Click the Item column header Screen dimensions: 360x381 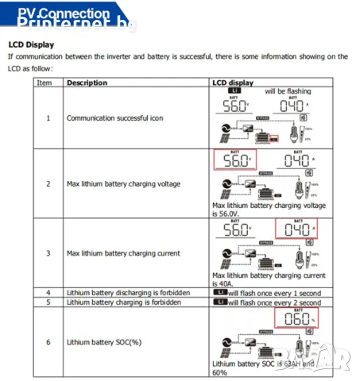tap(45, 83)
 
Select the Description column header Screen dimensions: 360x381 tap(87, 83)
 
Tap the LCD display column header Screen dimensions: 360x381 tap(233, 83)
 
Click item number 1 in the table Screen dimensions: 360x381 tap(48, 117)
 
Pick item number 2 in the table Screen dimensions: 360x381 tap(48, 183)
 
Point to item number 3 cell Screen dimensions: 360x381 tap(48, 253)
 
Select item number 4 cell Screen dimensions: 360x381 tap(48, 293)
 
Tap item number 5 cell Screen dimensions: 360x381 tap(48, 302)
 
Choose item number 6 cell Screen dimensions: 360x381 tap(48, 342)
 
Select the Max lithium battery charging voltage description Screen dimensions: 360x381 tap(123, 183)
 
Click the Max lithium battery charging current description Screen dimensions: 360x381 tap(123, 253)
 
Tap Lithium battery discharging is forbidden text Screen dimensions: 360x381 tap(128, 293)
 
